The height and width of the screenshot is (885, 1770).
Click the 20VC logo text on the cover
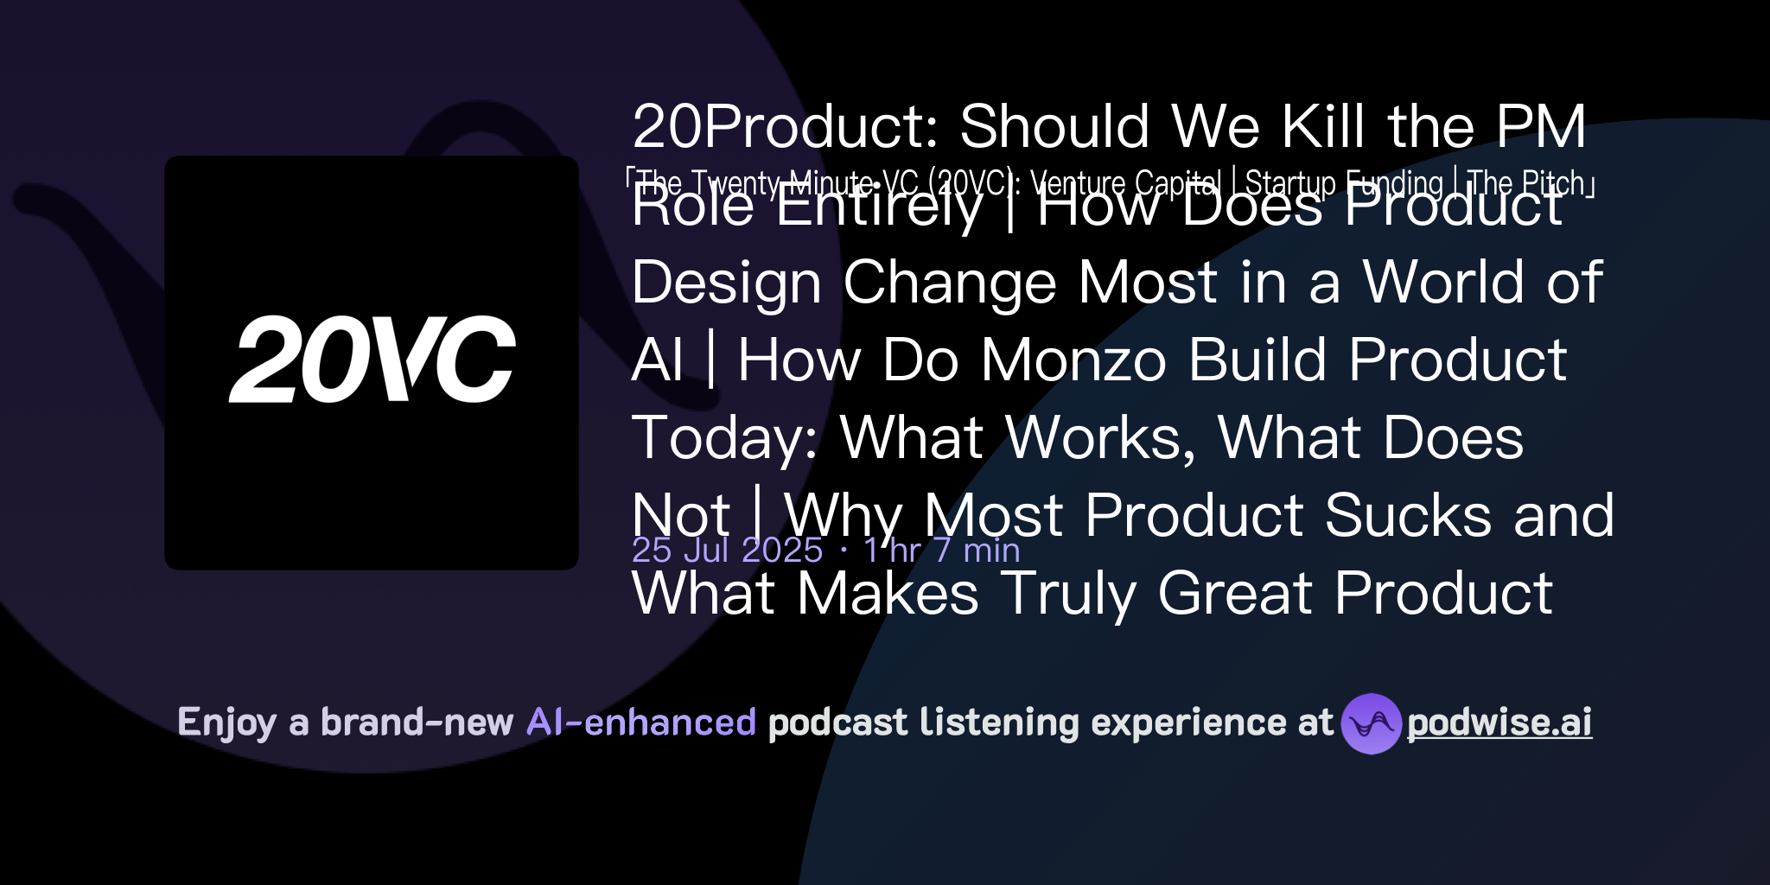coord(372,359)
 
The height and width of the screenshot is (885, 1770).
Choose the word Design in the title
coord(726,283)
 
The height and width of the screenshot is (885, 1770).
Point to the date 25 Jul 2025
coord(727,551)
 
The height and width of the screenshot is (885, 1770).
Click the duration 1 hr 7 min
coord(941,551)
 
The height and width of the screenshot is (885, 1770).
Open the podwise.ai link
coord(1499,723)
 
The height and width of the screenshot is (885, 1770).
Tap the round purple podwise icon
coord(1371,723)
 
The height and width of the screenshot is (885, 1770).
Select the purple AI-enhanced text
coord(641,723)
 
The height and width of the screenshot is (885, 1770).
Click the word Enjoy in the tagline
coord(226,723)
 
